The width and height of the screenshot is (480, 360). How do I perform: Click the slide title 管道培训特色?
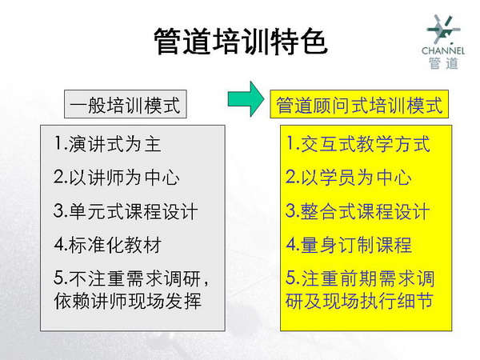(x=241, y=42)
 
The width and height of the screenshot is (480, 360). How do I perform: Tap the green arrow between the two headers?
(x=246, y=99)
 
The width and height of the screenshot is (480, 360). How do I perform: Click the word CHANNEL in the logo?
(x=443, y=50)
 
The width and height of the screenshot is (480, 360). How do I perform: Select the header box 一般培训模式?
(x=126, y=104)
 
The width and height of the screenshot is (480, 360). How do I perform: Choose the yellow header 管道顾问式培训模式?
(x=359, y=104)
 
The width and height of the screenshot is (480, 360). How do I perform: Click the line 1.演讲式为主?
(x=107, y=144)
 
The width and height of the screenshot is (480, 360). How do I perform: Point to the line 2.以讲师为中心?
(x=116, y=178)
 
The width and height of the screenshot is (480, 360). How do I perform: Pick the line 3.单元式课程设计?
(x=126, y=211)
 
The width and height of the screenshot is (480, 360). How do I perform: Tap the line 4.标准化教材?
(x=108, y=245)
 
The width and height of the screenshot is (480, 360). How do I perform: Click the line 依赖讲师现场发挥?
(x=128, y=301)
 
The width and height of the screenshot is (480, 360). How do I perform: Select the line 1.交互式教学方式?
(x=358, y=144)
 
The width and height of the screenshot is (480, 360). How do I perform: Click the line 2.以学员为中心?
(x=349, y=178)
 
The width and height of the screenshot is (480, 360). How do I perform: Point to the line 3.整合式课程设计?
(x=358, y=211)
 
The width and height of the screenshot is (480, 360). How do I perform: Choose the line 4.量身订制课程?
(x=349, y=245)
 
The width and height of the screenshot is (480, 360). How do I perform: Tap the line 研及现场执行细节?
(x=359, y=301)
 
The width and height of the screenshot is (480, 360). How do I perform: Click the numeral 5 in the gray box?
(x=58, y=278)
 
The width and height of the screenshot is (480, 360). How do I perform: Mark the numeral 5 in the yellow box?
(x=290, y=278)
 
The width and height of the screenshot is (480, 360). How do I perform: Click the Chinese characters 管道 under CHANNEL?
(x=443, y=63)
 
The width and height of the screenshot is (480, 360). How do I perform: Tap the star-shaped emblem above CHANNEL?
(x=442, y=30)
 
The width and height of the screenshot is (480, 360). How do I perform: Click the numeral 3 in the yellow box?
(x=290, y=210)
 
